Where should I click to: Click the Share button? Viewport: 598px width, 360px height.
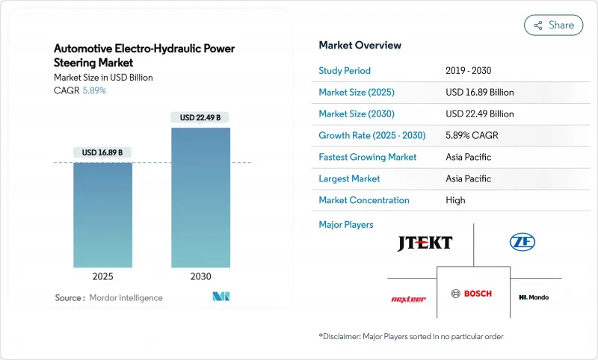(554, 25)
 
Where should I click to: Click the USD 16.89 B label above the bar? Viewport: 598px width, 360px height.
(102, 152)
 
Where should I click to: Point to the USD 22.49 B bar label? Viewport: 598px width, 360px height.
(200, 117)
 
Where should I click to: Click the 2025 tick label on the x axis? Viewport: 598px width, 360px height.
(102, 276)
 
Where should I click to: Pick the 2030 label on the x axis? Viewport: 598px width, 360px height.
(200, 276)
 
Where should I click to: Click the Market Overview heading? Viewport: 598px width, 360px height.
(360, 45)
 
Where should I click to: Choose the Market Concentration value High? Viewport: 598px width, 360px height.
(455, 200)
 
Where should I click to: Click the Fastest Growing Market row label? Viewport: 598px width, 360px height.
(368, 157)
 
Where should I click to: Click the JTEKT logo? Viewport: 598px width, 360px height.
(425, 243)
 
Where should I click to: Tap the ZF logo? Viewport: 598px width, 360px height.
(522, 242)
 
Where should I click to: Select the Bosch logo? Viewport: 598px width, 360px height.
(472, 294)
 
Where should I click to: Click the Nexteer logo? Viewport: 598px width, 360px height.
(408, 299)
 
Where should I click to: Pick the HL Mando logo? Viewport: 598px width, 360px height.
(534, 297)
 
